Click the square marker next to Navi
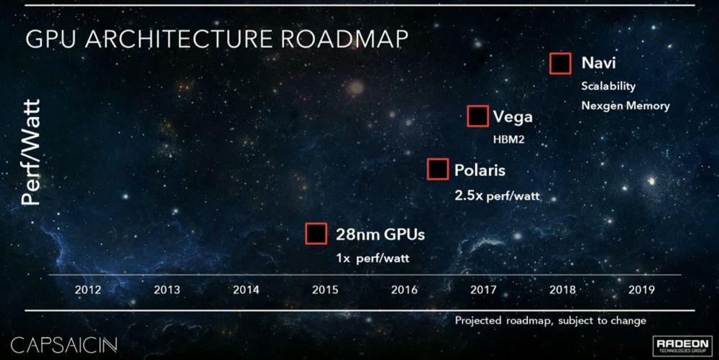tap(560, 63)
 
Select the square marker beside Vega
tap(477, 116)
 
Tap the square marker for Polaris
tap(438, 170)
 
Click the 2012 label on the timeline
tap(87, 290)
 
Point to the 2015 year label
tap(325, 290)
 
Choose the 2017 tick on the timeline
tap(482, 290)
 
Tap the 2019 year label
tap(641, 290)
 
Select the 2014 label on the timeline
tap(246, 290)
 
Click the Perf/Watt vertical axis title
tap(31, 152)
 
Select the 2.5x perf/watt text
tap(496, 195)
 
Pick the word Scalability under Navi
tap(608, 86)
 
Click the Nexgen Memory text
tap(626, 106)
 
